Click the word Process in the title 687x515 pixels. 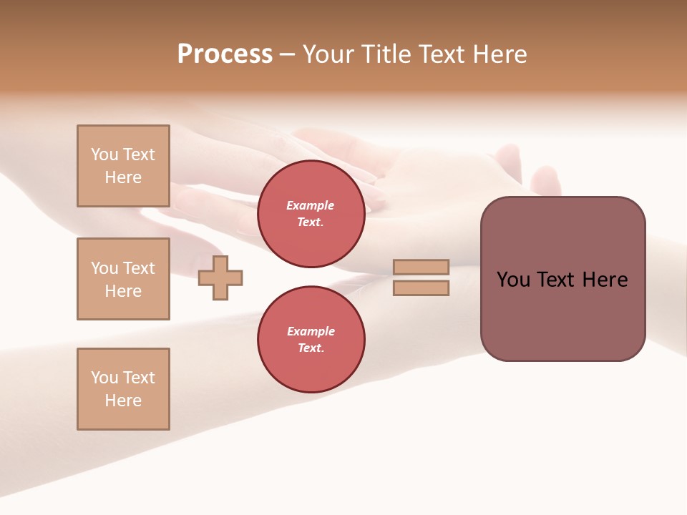click(x=225, y=54)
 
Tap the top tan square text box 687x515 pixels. click(x=123, y=166)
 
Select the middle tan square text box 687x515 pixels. click(x=123, y=279)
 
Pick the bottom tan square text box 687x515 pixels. click(x=123, y=389)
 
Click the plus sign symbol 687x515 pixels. click(x=220, y=278)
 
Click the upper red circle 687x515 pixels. click(x=311, y=214)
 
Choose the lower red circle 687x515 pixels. click(x=311, y=340)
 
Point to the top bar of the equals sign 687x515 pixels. click(x=421, y=267)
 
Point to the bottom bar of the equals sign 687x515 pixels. click(x=421, y=288)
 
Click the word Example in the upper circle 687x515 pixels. click(x=311, y=205)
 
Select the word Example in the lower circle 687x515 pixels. click(x=311, y=331)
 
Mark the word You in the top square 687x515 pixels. click(x=104, y=154)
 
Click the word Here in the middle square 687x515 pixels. click(x=123, y=291)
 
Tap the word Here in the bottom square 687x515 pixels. click(x=123, y=401)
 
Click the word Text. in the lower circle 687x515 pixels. click(x=311, y=348)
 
